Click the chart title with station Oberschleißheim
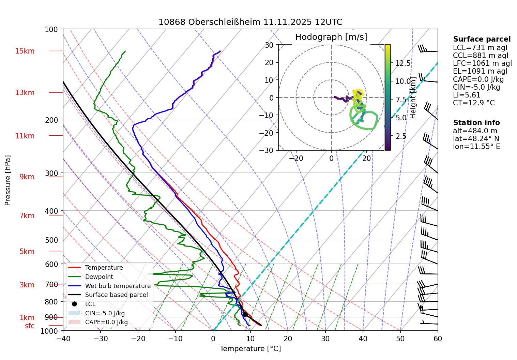point(250,22)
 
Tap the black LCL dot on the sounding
point(245,314)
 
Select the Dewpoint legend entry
point(99,277)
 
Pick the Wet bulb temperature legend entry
point(118,286)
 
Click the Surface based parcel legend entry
point(116,295)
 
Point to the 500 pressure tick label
point(51,240)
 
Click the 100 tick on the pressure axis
point(51,30)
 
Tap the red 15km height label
point(25,51)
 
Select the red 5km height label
point(27,252)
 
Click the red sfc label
point(30,326)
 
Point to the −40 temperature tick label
point(63,339)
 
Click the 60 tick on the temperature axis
point(438,339)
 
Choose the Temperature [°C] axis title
point(250,349)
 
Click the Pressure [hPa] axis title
point(8,180)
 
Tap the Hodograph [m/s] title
point(331,37)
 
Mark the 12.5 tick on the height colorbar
point(403,63)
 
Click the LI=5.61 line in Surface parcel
point(467,95)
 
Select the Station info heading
point(476,123)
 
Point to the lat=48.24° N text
point(476,139)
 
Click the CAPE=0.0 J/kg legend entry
point(106,322)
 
